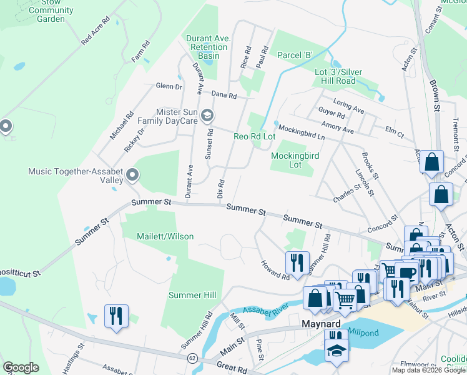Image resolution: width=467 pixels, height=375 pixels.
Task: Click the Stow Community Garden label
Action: pos(51,11)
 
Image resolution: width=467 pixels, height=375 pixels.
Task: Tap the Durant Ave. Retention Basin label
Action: pos(209,47)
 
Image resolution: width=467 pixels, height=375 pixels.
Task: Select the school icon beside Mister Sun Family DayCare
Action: pos(207,116)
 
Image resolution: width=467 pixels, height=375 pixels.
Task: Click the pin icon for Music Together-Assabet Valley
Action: pos(132,175)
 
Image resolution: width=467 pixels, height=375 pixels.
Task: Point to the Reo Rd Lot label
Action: pos(254,136)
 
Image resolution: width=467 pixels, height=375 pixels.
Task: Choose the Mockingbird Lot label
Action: pos(295,160)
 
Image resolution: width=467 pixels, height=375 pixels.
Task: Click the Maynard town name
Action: pos(320,324)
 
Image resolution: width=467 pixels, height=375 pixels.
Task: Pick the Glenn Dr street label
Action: pos(169,87)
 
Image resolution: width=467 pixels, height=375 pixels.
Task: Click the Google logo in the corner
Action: pos(21,367)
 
